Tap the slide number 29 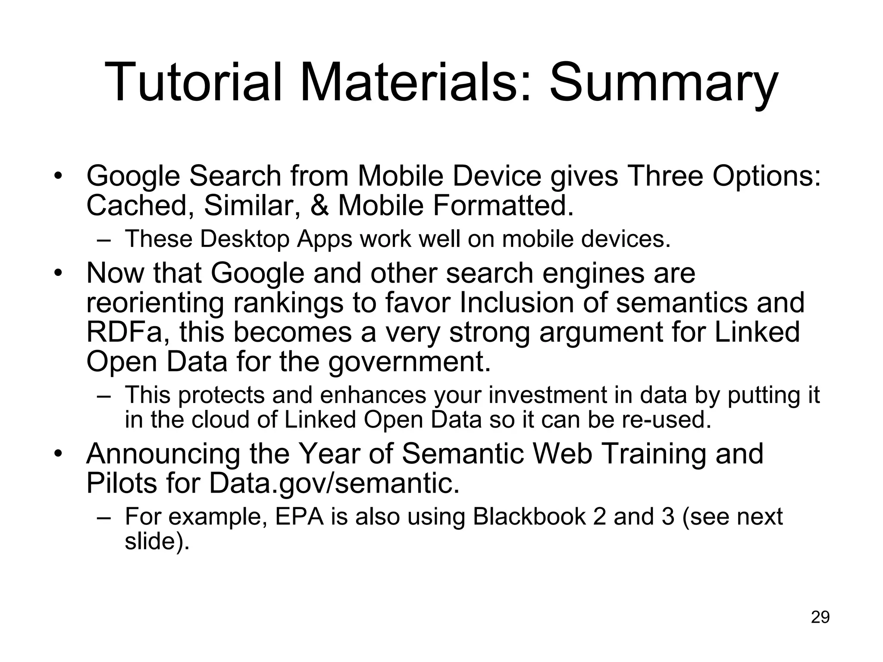point(820,617)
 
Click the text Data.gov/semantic point(334,483)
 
